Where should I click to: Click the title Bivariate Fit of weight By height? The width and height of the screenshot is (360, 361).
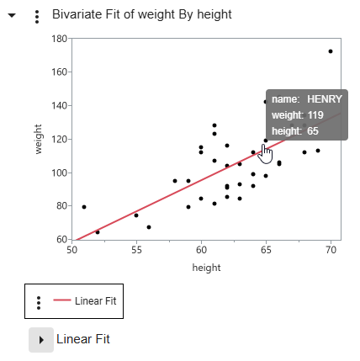click(x=141, y=15)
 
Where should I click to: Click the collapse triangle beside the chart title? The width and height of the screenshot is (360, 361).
click(x=12, y=16)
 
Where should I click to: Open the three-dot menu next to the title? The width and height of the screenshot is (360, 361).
click(x=36, y=16)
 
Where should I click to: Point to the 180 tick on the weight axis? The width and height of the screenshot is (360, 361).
click(x=60, y=39)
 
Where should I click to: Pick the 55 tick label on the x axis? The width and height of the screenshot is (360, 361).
click(x=136, y=250)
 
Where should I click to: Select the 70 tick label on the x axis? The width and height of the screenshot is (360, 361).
click(x=331, y=250)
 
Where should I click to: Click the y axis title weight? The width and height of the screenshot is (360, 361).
click(x=39, y=139)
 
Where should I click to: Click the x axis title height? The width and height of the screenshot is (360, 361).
click(x=206, y=268)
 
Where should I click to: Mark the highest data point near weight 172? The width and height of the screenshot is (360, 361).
click(x=331, y=51)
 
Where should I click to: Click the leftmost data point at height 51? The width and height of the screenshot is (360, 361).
click(x=84, y=206)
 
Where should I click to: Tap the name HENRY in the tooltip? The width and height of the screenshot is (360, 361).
click(x=324, y=98)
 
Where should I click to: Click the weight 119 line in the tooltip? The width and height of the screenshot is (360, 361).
click(x=297, y=114)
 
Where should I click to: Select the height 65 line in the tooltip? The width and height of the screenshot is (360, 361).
click(x=295, y=130)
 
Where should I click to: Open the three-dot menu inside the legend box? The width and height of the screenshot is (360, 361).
click(x=38, y=300)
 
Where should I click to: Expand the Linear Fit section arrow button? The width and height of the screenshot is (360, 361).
click(x=41, y=339)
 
